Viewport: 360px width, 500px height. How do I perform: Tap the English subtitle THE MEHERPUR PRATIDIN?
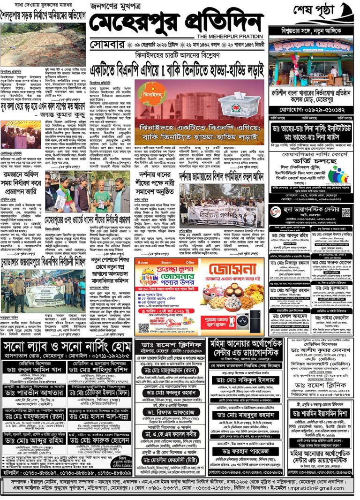[230, 37]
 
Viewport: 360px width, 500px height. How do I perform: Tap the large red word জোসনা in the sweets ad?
[229, 270]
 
